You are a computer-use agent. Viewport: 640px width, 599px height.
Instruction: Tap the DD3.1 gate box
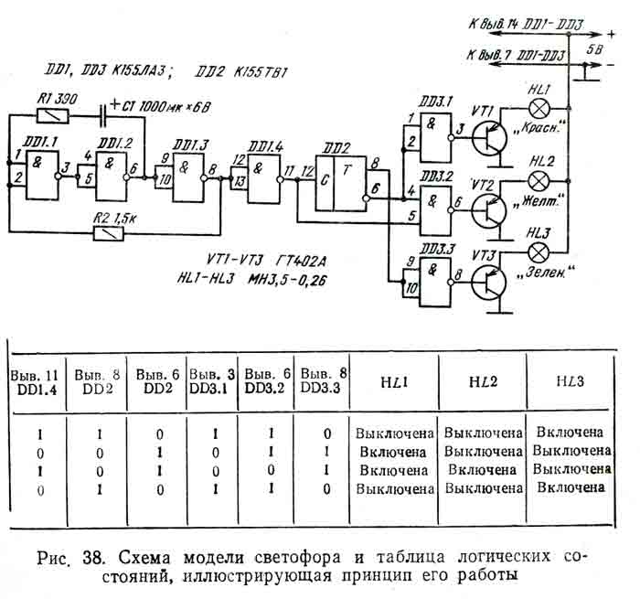click(x=430, y=134)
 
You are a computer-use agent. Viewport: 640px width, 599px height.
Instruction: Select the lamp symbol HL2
click(x=539, y=180)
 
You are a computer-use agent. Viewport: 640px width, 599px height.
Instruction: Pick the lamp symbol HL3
click(x=539, y=250)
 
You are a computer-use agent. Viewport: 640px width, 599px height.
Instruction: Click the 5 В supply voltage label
click(x=593, y=49)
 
